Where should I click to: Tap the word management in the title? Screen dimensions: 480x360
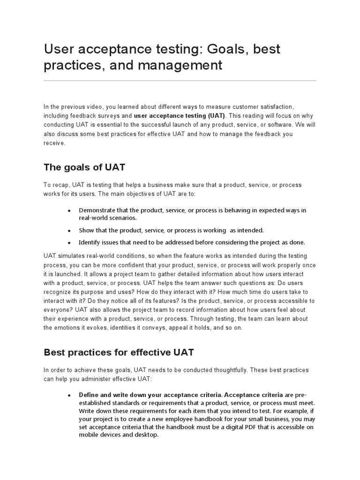(180, 65)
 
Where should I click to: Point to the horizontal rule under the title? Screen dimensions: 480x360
(180, 81)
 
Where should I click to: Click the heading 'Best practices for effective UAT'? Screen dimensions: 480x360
(119, 352)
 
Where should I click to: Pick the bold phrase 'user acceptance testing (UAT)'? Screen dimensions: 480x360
(180, 115)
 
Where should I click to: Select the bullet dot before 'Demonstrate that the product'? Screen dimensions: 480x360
(69, 211)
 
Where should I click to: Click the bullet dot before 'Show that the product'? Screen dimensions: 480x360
(69, 231)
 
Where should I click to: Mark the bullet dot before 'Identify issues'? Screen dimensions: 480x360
(69, 243)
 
